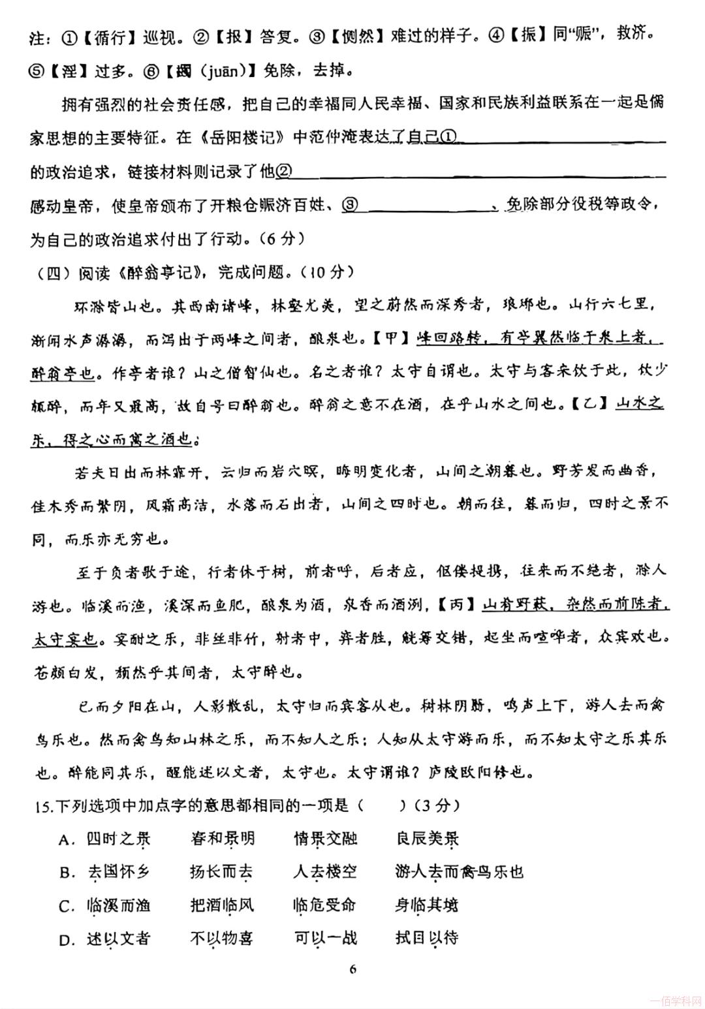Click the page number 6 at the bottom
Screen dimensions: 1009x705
click(x=352, y=969)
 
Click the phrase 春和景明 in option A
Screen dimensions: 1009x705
click(x=223, y=839)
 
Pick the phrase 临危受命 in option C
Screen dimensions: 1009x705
click(x=324, y=906)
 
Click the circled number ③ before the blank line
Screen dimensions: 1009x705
click(x=350, y=206)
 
